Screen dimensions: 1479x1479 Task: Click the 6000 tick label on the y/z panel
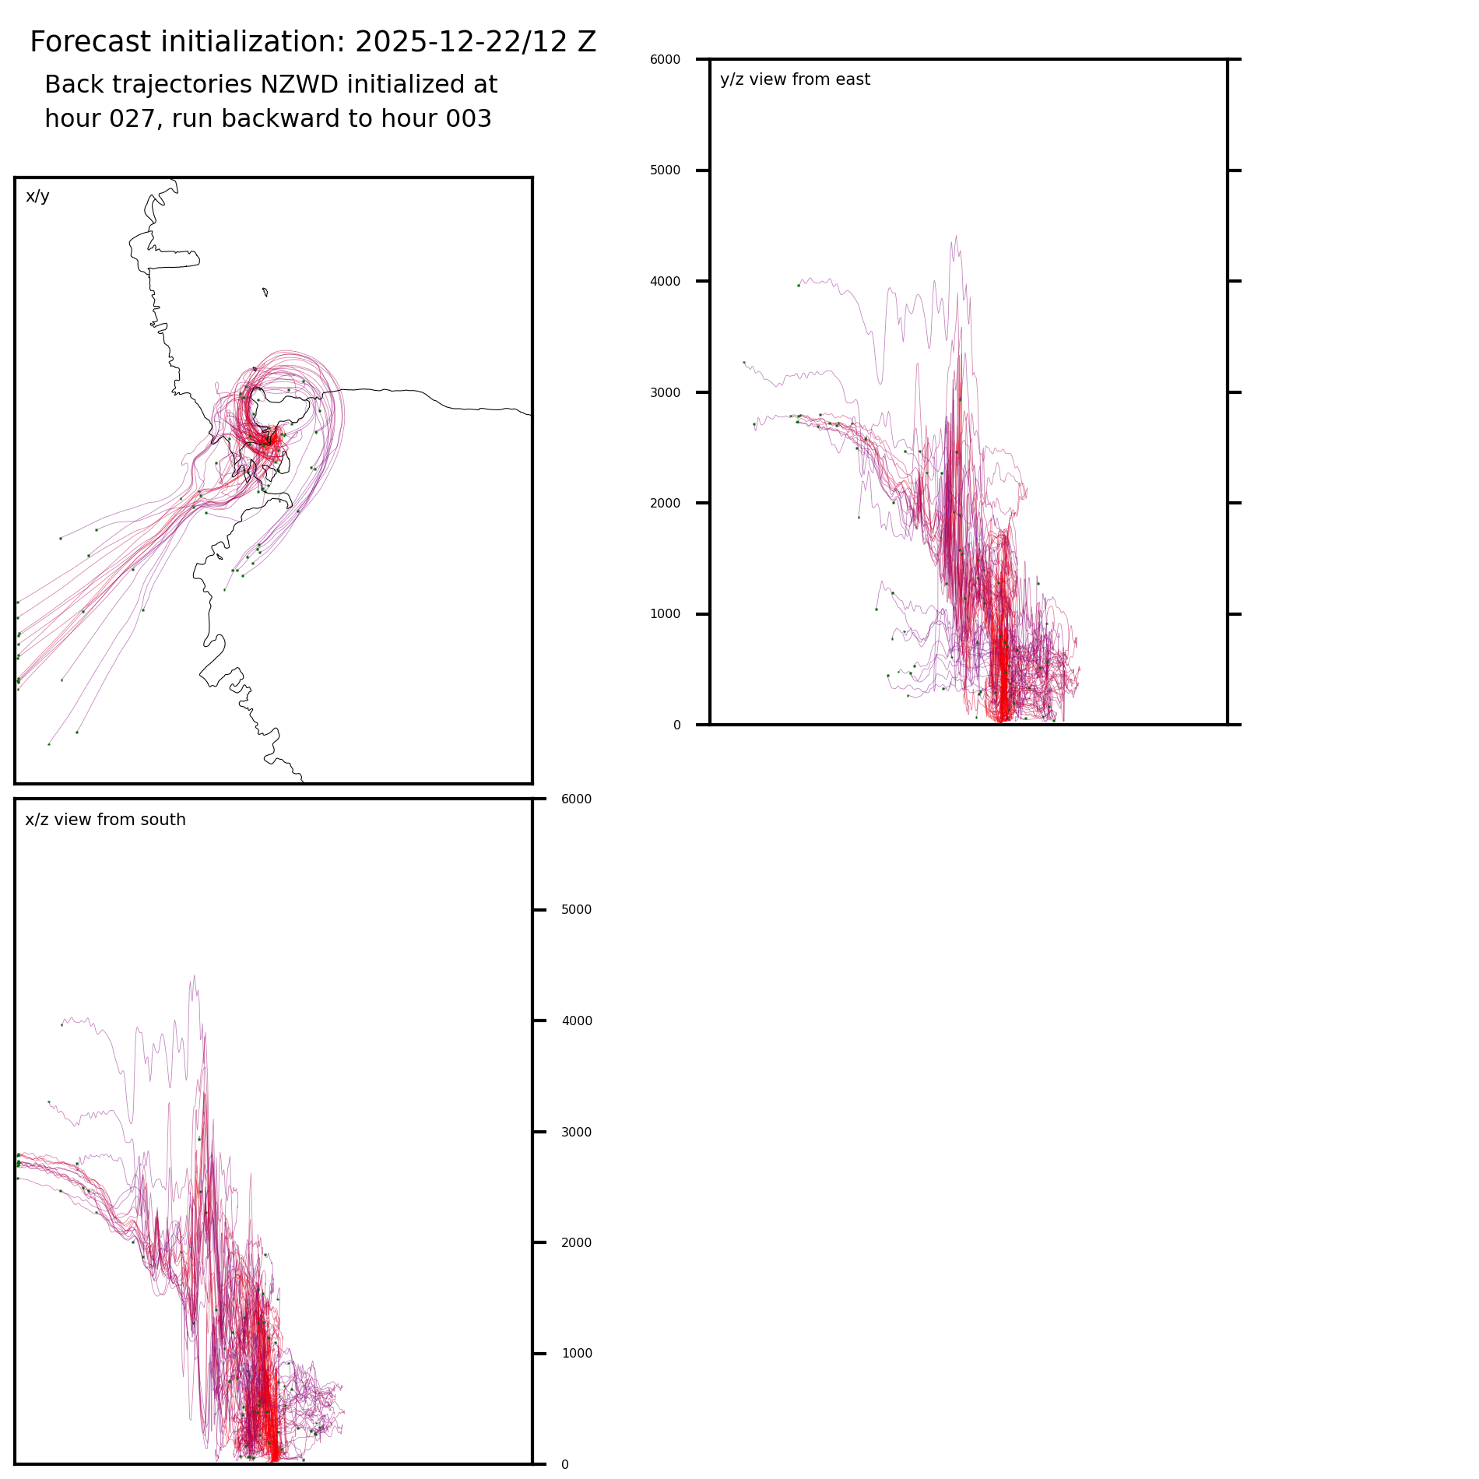pyautogui.click(x=665, y=60)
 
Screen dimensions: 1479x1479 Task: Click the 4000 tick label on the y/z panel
pyautogui.click(x=665, y=282)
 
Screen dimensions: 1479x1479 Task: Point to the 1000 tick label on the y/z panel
pyautogui.click(x=665, y=614)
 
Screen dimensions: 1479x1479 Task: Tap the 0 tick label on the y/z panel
pyautogui.click(x=676, y=725)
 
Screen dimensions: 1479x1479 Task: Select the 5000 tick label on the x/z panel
pyautogui.click(x=576, y=910)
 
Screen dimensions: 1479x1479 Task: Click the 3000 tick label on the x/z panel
pyautogui.click(x=576, y=1133)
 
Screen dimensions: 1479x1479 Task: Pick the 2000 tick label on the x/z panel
pyautogui.click(x=576, y=1243)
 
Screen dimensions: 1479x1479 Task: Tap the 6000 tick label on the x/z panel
pyautogui.click(x=576, y=799)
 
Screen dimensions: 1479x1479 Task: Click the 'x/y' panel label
pyautogui.click(x=37, y=196)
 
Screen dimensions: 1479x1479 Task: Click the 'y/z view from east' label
pyautogui.click(x=795, y=79)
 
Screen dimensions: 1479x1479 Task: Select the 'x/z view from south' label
pyautogui.click(x=105, y=820)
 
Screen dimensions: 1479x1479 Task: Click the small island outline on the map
pyautogui.click(x=265, y=293)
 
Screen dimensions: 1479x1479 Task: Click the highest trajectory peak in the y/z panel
pyautogui.click(x=956, y=237)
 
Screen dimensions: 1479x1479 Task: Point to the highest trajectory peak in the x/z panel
pyautogui.click(x=194, y=976)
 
